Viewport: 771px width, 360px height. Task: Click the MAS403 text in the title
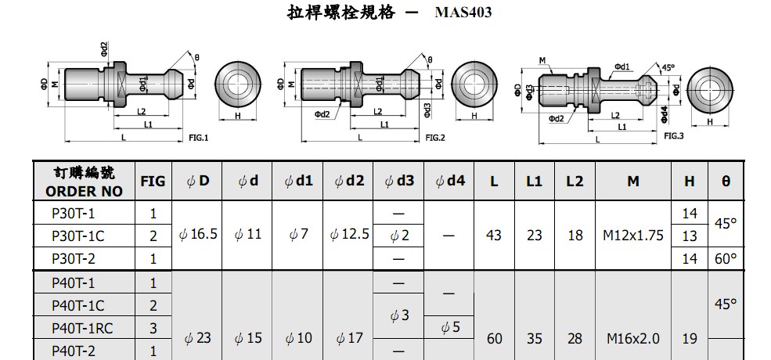coord(463,13)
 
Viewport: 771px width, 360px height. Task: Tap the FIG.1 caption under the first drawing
coord(199,138)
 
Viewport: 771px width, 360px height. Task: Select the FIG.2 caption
coord(435,138)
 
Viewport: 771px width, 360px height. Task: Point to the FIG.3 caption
coord(674,135)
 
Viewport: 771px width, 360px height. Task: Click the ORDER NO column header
coord(84,191)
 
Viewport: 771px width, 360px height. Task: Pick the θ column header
coord(726,182)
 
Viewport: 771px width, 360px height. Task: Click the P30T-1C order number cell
coord(77,236)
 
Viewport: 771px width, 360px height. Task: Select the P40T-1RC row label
coord(83,328)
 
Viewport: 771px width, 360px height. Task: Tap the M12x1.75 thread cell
coord(632,236)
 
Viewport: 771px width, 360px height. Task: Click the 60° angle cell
coord(726,259)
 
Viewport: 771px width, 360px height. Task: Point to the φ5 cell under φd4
coord(449,327)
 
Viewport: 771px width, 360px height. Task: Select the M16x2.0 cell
coord(632,339)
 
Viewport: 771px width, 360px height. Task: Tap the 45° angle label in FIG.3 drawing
coord(668,68)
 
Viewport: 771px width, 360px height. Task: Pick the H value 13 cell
coord(690,236)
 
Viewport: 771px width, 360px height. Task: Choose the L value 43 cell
coord(493,236)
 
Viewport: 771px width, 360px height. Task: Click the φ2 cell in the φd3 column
coord(398,236)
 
